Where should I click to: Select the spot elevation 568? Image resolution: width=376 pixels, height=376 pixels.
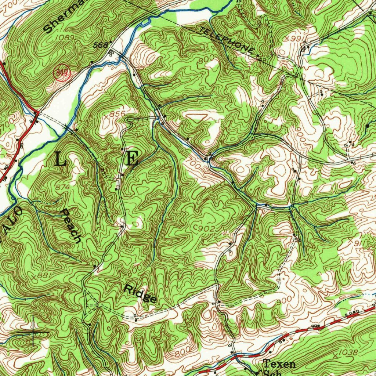coord(101,45)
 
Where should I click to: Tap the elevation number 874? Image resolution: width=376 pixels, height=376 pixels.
coord(63,187)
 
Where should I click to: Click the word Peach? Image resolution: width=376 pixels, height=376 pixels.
coord(71,226)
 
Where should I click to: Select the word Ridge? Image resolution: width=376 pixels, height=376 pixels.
coord(140,293)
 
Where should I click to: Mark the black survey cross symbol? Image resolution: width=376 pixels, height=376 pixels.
coord(33,333)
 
